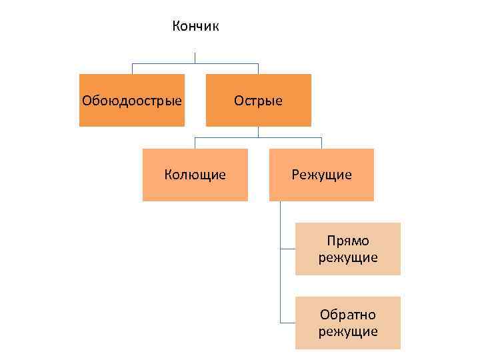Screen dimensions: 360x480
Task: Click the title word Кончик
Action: coord(195,27)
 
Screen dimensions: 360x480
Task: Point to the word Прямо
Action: coord(348,241)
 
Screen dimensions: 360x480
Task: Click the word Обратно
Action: coord(348,315)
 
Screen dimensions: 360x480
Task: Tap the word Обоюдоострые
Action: coord(132,101)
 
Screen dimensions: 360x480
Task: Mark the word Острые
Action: coord(258,101)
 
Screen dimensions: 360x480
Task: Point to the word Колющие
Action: coord(195,175)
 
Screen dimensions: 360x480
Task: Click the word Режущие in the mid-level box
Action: coord(321,175)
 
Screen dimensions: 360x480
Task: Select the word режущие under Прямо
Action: coord(348,257)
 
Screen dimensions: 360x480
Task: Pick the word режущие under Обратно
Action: coord(348,331)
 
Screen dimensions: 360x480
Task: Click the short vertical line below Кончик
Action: coord(195,58)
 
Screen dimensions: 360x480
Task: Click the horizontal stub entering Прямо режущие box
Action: coord(288,249)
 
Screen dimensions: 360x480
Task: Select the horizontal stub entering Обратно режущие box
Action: coord(288,323)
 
